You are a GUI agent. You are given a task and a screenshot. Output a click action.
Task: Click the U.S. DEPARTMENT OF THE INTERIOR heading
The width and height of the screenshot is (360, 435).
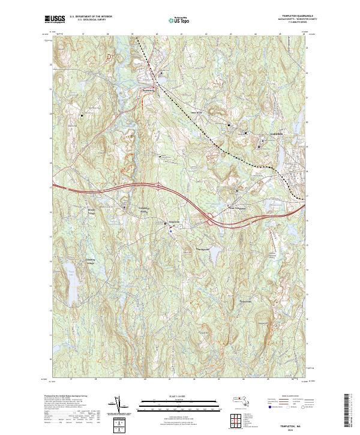pyautogui.click(x=90, y=17)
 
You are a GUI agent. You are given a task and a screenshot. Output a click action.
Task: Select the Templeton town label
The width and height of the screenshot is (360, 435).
pyautogui.click(x=172, y=220)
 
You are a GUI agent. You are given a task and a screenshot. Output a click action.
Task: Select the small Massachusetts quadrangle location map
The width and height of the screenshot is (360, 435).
pyautogui.click(x=242, y=401)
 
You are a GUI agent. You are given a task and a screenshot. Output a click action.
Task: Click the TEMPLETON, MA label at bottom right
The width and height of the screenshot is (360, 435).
pyautogui.click(x=289, y=423)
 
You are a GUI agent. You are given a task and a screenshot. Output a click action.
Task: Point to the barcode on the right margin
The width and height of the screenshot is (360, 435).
pyautogui.click(x=349, y=411)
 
